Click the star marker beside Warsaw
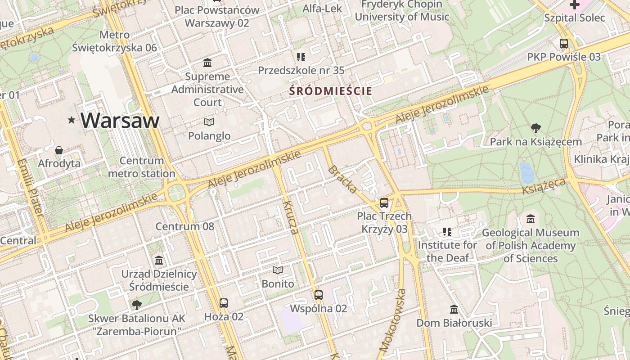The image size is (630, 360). [71, 120]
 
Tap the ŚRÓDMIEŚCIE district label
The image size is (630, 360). [331, 91]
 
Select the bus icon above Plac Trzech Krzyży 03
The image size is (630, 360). [384, 203]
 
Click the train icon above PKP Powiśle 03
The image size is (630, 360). [563, 44]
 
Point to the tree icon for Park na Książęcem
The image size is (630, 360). [535, 128]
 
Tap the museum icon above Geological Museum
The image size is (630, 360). [531, 219]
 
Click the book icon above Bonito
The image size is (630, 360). [278, 270]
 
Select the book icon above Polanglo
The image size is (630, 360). [209, 122]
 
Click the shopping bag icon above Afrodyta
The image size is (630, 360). [58, 150]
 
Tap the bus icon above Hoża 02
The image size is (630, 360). [223, 303]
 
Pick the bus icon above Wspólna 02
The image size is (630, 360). [318, 295]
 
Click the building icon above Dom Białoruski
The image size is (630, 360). [454, 310]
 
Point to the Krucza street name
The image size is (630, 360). [291, 217]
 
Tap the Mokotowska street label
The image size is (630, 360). [392, 320]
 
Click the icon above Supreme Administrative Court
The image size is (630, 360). [207, 63]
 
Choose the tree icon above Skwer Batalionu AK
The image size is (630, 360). [136, 305]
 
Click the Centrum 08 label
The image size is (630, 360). [184, 226]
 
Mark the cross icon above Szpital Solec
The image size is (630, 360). [574, 5]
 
